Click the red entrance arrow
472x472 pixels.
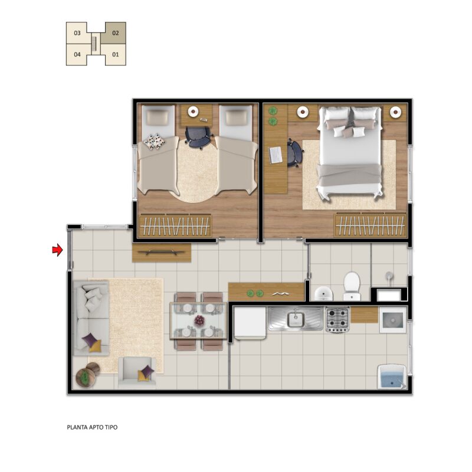[57, 250]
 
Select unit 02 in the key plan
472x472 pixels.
[116, 33]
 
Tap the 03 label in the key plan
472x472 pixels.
[77, 33]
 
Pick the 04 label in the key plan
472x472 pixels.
[77, 54]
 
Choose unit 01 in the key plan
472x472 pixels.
[116, 54]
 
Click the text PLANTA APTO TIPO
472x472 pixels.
[92, 427]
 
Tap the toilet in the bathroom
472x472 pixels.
[352, 287]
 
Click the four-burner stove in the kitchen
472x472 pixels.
[337, 319]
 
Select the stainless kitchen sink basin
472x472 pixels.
[296, 319]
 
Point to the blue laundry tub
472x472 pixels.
[392, 377]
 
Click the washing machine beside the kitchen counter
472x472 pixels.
[393, 320]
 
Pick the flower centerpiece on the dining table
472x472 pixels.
[199, 320]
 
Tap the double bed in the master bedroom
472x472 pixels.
[350, 153]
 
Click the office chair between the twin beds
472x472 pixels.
[198, 137]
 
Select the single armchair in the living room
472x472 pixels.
[137, 372]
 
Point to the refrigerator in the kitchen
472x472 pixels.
[250, 323]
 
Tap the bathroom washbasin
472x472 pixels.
[324, 293]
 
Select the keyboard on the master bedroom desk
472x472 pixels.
[276, 155]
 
